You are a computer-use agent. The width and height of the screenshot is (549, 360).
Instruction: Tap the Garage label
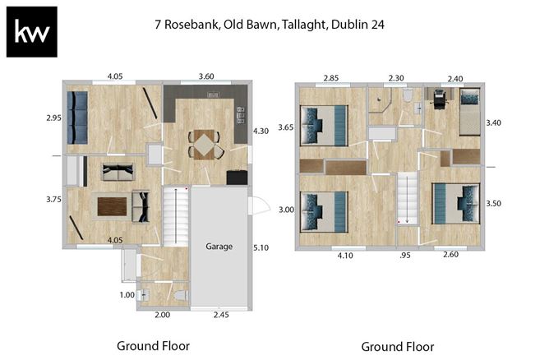click(x=219, y=246)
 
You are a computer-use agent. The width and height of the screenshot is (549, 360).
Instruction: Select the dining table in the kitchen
click(x=203, y=145)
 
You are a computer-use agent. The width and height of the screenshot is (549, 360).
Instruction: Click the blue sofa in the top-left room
click(x=78, y=116)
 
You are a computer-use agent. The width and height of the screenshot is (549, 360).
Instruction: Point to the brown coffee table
click(x=113, y=206)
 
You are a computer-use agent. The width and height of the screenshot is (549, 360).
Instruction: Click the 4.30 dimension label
click(x=261, y=131)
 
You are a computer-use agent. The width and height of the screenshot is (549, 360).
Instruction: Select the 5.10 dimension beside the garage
click(x=261, y=247)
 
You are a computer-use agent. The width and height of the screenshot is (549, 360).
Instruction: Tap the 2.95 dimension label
click(x=54, y=118)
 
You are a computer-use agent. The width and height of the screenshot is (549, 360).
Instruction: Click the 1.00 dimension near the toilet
click(x=127, y=295)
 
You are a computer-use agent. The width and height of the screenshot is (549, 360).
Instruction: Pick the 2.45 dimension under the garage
click(x=221, y=314)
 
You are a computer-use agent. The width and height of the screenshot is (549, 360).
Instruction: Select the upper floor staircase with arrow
click(x=406, y=199)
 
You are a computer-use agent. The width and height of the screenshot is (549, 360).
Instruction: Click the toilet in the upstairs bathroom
click(x=407, y=96)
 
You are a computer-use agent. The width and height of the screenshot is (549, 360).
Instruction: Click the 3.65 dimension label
click(x=286, y=127)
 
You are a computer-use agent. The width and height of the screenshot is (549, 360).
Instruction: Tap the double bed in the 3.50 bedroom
click(x=455, y=202)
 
